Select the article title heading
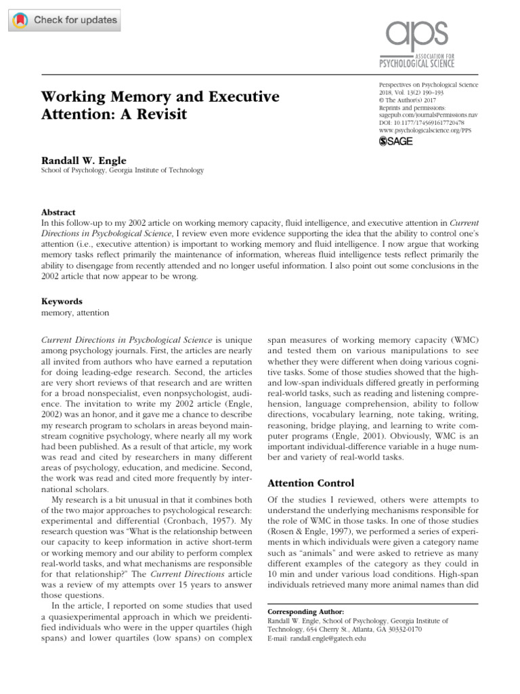pos(160,106)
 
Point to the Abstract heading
pos(58,212)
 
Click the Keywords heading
pos(62,301)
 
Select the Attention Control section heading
pos(311,483)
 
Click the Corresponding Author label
pos(301,611)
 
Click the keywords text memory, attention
pos(75,312)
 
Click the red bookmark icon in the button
pos(22,20)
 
